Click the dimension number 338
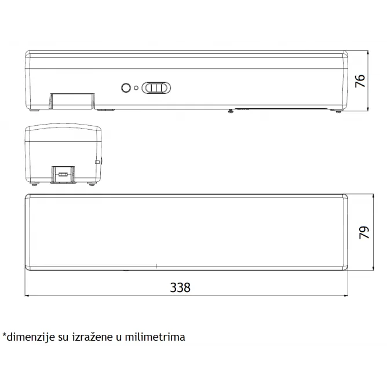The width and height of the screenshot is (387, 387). pos(180,287)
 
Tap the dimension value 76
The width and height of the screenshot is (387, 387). pos(360,81)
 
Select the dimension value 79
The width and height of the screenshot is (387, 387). pos(364,232)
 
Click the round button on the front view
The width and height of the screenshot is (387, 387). pos(126,88)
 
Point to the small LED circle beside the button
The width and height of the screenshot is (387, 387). pos(136,88)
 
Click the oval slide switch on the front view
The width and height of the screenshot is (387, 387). pos(156,88)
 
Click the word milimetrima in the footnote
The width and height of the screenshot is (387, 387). pos(155,337)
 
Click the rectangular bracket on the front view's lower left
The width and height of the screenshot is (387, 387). pos(72,101)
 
